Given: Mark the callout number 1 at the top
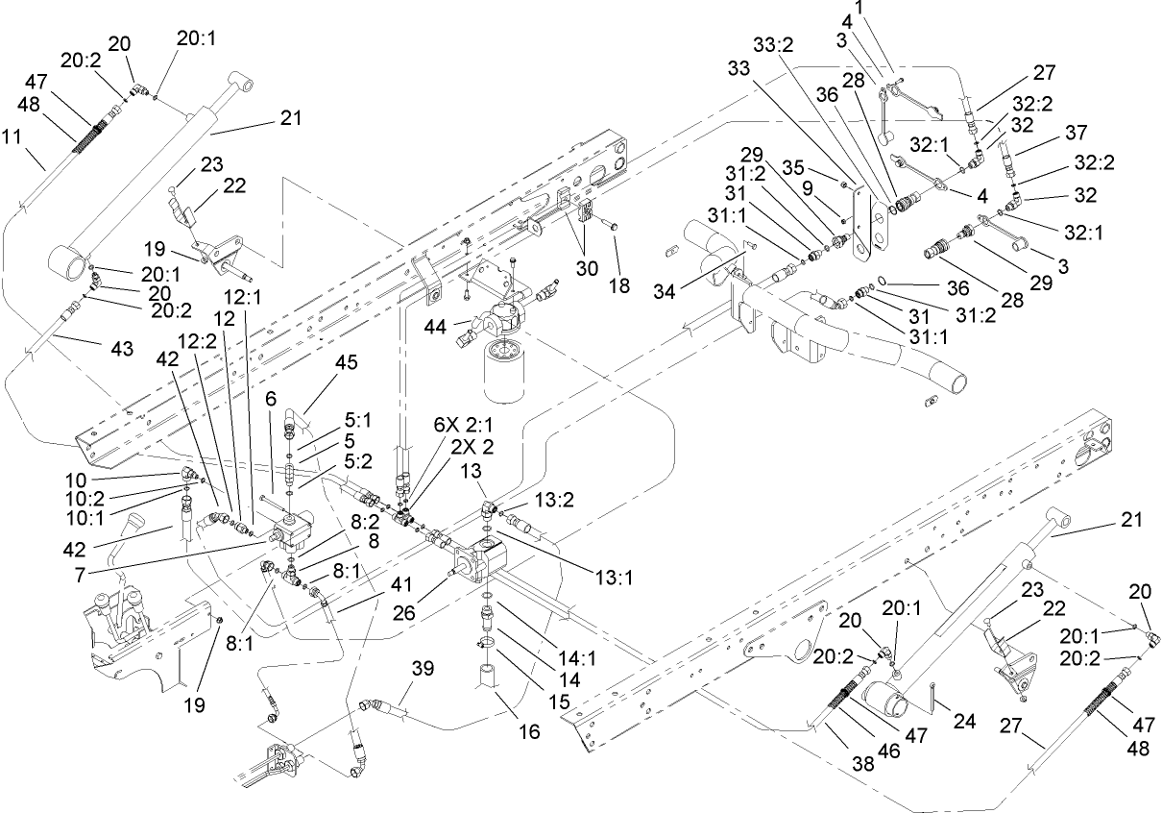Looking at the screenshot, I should point(887,8).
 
